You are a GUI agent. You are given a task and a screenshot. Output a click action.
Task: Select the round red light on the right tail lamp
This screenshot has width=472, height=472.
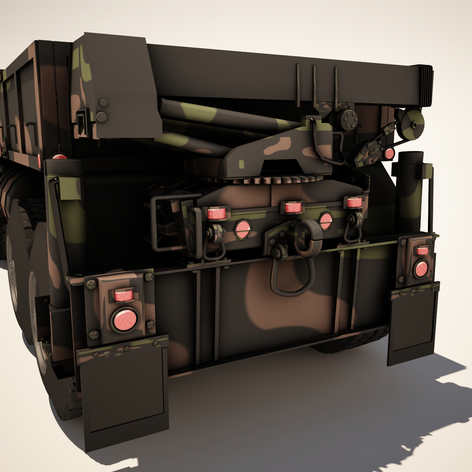coord(421,268)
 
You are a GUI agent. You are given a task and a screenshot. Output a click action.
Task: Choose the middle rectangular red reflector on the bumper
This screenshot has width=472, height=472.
coord(292,207)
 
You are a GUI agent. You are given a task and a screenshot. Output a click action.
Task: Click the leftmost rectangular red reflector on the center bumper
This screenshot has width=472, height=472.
coord(216,213)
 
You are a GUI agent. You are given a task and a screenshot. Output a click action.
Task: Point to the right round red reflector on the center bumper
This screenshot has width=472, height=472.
coord(325,220)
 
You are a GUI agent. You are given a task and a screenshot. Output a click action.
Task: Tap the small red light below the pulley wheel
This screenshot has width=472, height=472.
coord(389,153)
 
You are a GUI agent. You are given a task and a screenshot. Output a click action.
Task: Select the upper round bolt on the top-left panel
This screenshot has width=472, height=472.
coord(104,103)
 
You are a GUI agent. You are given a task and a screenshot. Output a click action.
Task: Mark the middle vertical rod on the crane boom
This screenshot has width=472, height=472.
coord(315,83)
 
